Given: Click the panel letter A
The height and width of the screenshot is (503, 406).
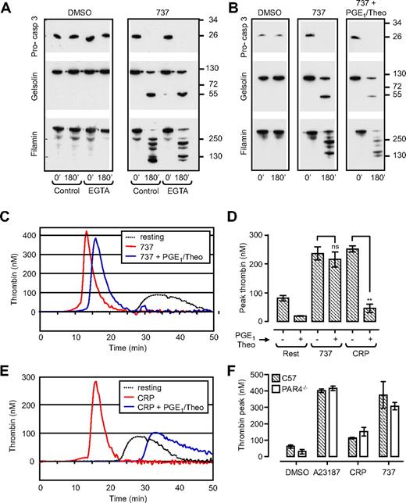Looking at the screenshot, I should tap(7, 8).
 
